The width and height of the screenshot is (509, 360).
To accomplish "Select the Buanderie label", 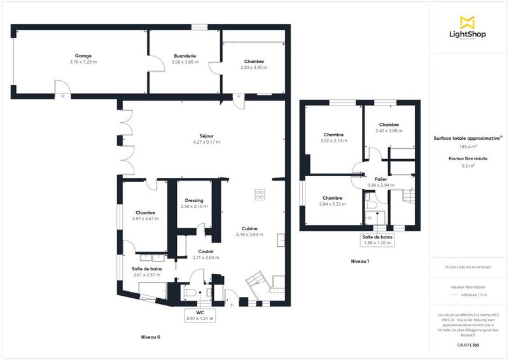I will pyautogui.click(x=185, y=56).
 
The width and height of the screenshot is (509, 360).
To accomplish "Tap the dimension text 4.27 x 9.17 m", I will pyautogui.click(x=206, y=142).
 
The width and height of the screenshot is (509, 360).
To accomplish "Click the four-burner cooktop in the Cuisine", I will pyautogui.click(x=260, y=195).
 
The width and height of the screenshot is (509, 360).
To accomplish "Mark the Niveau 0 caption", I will pyautogui.click(x=151, y=336).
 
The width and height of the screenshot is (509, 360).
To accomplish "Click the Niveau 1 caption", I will pyautogui.click(x=360, y=261).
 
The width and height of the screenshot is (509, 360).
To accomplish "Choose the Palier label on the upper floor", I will pyautogui.click(x=381, y=179).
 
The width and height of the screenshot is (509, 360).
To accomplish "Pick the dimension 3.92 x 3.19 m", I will pyautogui.click(x=333, y=141).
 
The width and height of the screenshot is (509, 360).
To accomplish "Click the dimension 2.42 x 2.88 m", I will pyautogui.click(x=389, y=130).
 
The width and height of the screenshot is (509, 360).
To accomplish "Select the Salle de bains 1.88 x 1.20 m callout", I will pyautogui.click(x=378, y=239).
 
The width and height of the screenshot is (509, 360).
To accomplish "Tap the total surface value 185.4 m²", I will pyautogui.click(x=468, y=146).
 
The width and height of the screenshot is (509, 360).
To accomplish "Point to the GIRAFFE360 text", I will pyautogui.click(x=468, y=343).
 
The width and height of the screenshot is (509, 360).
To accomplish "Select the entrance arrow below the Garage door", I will pyautogui.click(x=63, y=97).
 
